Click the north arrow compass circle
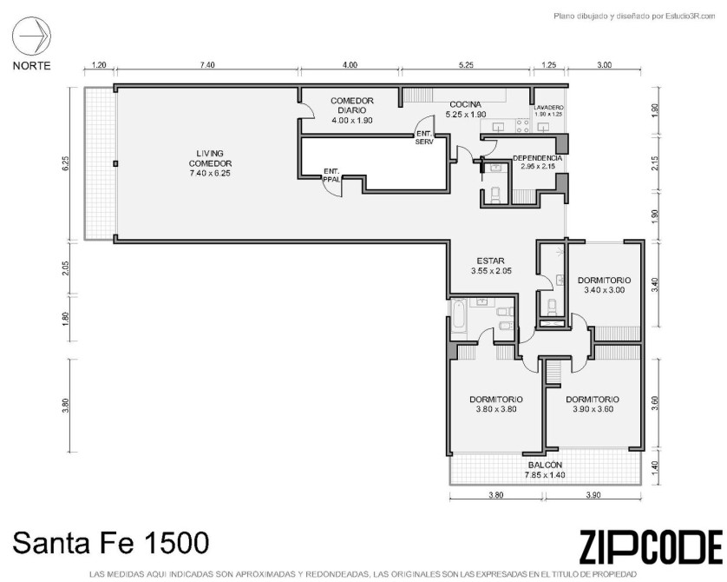tap(31, 36)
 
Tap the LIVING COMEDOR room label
tap(210, 158)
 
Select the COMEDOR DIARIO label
tap(352, 105)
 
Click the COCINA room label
tap(466, 104)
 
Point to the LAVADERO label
tap(548, 107)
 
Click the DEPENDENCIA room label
tap(537, 158)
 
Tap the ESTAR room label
tap(490, 261)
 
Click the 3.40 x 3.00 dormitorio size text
tap(604, 290)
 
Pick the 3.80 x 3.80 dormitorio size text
tap(496, 409)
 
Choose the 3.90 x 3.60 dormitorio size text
tap(593, 409)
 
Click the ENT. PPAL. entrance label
tap(331, 175)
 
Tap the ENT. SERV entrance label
tap(424, 138)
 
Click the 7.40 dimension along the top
tap(207, 65)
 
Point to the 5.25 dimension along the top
tap(466, 65)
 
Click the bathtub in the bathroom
tap(459, 321)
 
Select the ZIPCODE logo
tap(651, 546)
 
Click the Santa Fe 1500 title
tap(110, 543)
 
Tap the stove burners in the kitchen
tap(522, 125)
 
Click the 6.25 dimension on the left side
tap(65, 163)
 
